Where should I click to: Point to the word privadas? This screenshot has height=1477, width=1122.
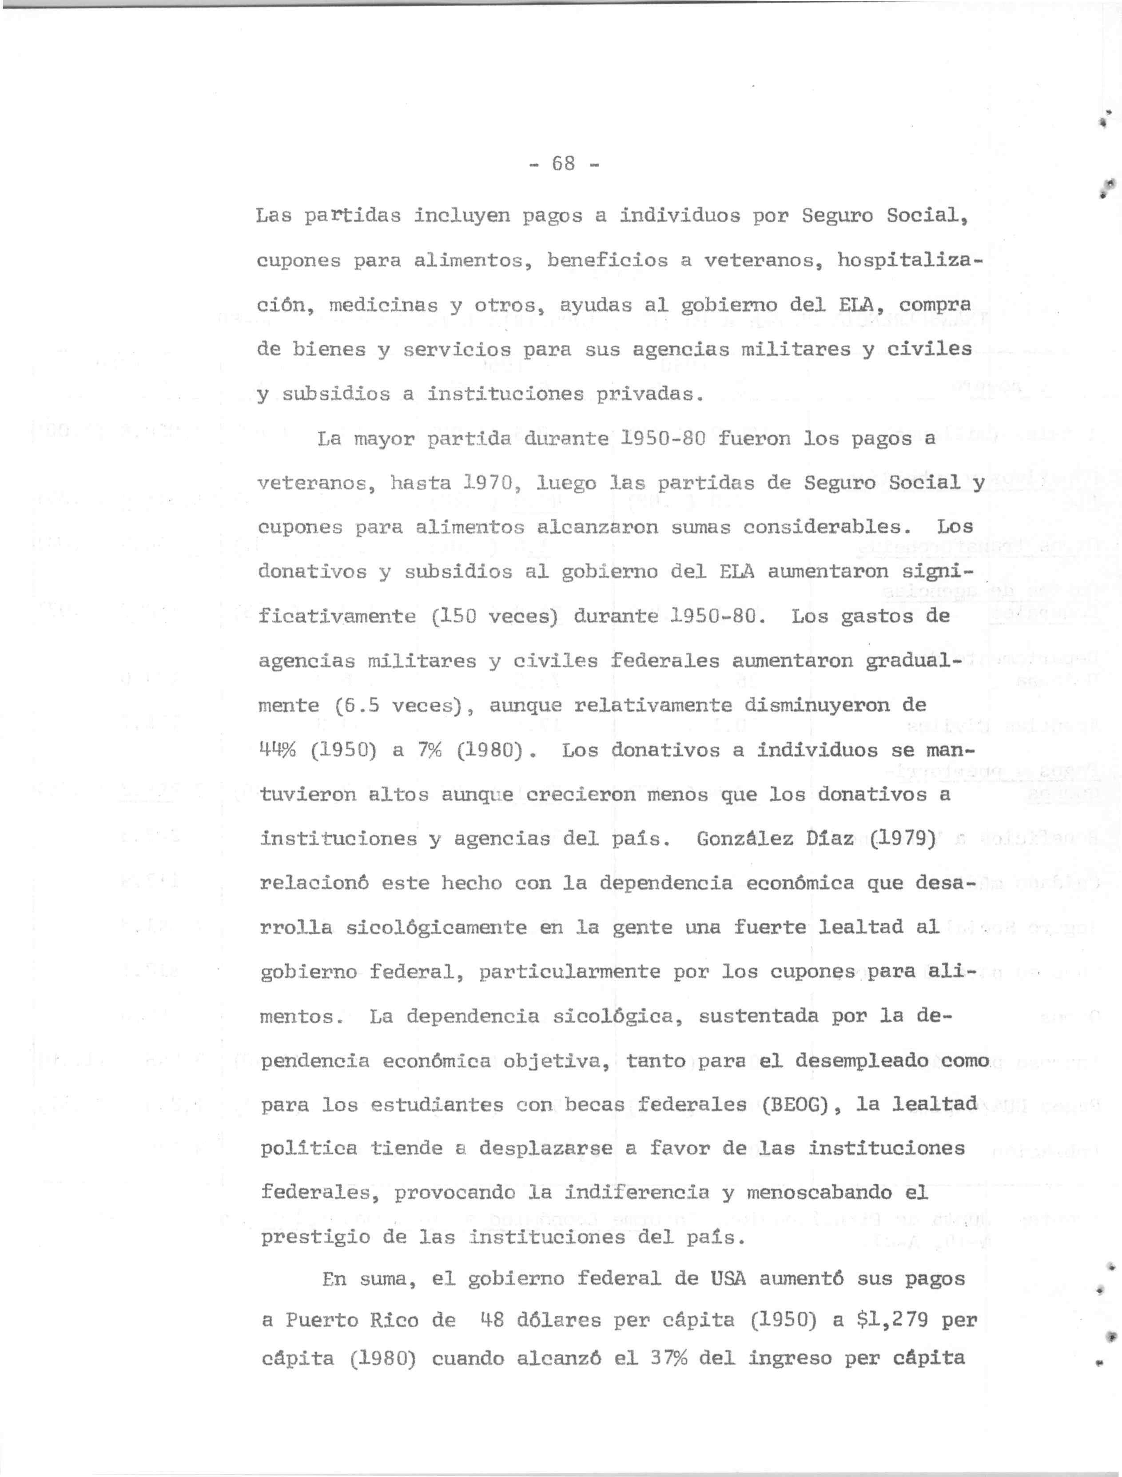[643, 394]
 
